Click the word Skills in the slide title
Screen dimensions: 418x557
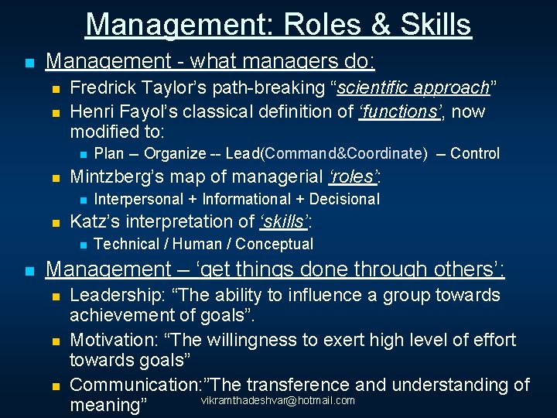[436, 24]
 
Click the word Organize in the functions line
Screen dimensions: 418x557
[175, 153]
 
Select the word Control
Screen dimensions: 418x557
[475, 153]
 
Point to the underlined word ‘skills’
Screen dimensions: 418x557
[284, 221]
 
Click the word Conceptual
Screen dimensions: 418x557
[275, 244]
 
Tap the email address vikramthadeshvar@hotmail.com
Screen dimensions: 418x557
[278, 400]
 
